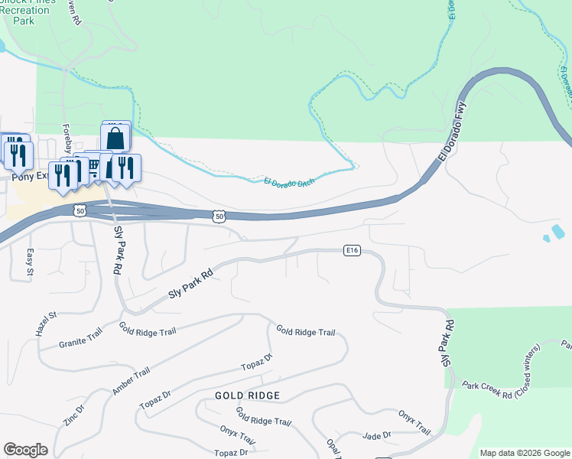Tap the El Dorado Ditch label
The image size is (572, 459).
pyautogui.click(x=290, y=181)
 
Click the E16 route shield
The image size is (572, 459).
pyautogui.click(x=352, y=250)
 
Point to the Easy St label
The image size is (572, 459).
pyautogui.click(x=30, y=261)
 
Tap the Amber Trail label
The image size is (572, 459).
pyautogui.click(x=131, y=381)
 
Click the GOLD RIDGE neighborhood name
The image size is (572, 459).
pyautogui.click(x=247, y=396)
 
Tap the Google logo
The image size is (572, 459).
pyautogui.click(x=25, y=450)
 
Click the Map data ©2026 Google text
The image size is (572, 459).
pyautogui.click(x=525, y=453)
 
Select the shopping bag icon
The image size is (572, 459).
pyautogui.click(x=115, y=138)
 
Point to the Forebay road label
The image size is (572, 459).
pyautogui.click(x=67, y=138)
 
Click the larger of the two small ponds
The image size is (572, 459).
pyautogui.click(x=557, y=231)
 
